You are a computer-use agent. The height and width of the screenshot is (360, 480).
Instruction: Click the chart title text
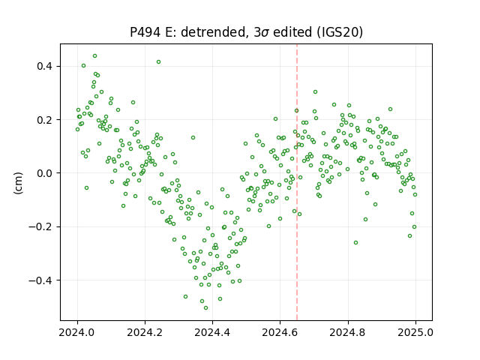(x=247, y=32)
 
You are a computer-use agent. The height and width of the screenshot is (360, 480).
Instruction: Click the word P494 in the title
(x=145, y=32)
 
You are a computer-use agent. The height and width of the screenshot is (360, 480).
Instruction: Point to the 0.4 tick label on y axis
(x=45, y=66)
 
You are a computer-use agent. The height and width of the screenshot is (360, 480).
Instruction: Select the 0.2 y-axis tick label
(x=45, y=120)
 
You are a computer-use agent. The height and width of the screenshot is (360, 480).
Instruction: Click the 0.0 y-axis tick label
(x=45, y=173)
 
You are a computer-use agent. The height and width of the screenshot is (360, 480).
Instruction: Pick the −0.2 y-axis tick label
(x=40, y=226)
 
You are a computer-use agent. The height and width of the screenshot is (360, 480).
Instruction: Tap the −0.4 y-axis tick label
(x=40, y=280)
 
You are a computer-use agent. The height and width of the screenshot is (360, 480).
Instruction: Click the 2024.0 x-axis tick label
(x=77, y=332)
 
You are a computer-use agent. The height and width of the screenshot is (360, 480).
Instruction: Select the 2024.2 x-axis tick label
(x=145, y=332)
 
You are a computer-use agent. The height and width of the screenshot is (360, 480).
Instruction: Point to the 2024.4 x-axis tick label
(x=212, y=332)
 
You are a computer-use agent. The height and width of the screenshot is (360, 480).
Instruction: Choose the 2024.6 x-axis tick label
(x=280, y=332)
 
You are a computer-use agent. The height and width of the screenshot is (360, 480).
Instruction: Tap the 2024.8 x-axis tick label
(x=348, y=332)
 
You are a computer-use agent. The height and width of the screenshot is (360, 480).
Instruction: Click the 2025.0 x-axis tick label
(x=415, y=332)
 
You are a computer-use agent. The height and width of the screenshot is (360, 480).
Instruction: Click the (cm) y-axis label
(x=18, y=183)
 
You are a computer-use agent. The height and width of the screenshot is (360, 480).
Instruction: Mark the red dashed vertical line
(x=297, y=182)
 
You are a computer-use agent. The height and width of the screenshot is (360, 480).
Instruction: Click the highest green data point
(x=95, y=56)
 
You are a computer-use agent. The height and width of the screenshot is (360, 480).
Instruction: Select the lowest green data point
(x=205, y=308)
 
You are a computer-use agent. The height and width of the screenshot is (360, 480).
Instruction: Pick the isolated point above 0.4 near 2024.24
(x=158, y=61)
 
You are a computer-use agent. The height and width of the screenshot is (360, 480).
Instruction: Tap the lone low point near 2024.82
(x=355, y=243)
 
